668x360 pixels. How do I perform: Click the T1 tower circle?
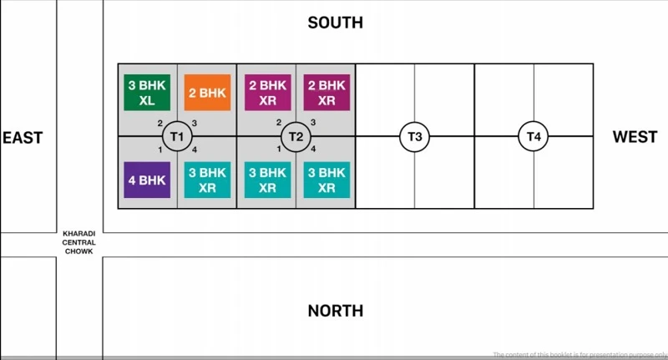tap(176, 136)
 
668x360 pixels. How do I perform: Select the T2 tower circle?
tap(296, 136)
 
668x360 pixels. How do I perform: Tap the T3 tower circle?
tap(415, 136)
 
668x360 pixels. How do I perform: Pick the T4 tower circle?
tap(534, 136)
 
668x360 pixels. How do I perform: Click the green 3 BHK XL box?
tap(147, 92)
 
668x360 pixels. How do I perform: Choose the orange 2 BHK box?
tap(207, 92)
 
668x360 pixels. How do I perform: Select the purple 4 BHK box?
tap(147, 180)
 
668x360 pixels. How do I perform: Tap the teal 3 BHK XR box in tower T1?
tap(207, 180)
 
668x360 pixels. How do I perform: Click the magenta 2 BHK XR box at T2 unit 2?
tap(267, 92)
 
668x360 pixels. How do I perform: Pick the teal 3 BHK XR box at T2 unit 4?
tap(326, 180)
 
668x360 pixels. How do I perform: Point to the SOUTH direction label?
tap(335, 23)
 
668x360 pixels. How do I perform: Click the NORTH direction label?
tap(335, 311)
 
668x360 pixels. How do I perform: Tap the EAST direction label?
tap(23, 137)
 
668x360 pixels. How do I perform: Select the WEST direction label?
tap(635, 137)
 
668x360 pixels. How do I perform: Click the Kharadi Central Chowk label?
tap(78, 242)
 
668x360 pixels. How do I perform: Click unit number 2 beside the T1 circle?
tap(159, 124)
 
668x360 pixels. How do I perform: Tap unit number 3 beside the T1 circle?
tap(195, 124)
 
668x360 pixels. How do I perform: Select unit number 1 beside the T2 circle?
tap(279, 149)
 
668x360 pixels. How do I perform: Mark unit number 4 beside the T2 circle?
tap(313, 149)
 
